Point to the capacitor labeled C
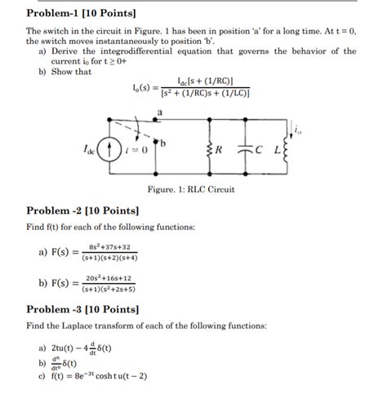(x=247, y=150)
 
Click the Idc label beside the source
(x=88, y=150)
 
